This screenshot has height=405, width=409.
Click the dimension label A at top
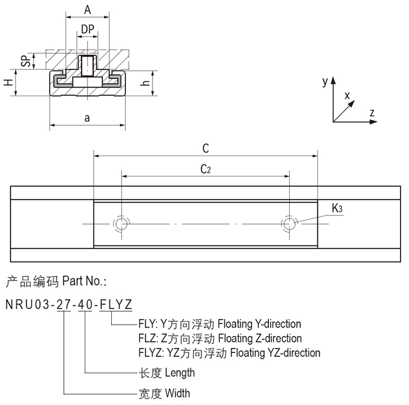point(87,10)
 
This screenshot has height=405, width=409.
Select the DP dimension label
point(87,28)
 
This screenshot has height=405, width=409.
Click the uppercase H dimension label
point(7,83)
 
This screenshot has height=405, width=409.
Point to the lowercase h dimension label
point(146,83)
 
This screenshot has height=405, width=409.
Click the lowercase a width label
point(87,118)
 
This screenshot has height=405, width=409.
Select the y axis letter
point(325,81)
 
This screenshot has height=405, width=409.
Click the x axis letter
point(347,95)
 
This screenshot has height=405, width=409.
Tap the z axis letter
point(372,113)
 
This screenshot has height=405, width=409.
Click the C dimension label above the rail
point(206,148)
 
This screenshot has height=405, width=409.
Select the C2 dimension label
point(206,169)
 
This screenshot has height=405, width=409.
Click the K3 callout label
point(337,209)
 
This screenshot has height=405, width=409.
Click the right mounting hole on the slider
point(289,223)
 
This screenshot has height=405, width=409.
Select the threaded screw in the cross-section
point(87,66)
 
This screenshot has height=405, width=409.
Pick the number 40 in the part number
point(86,305)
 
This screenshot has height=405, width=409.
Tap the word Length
point(180,373)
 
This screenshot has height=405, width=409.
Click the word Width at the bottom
point(177,393)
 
